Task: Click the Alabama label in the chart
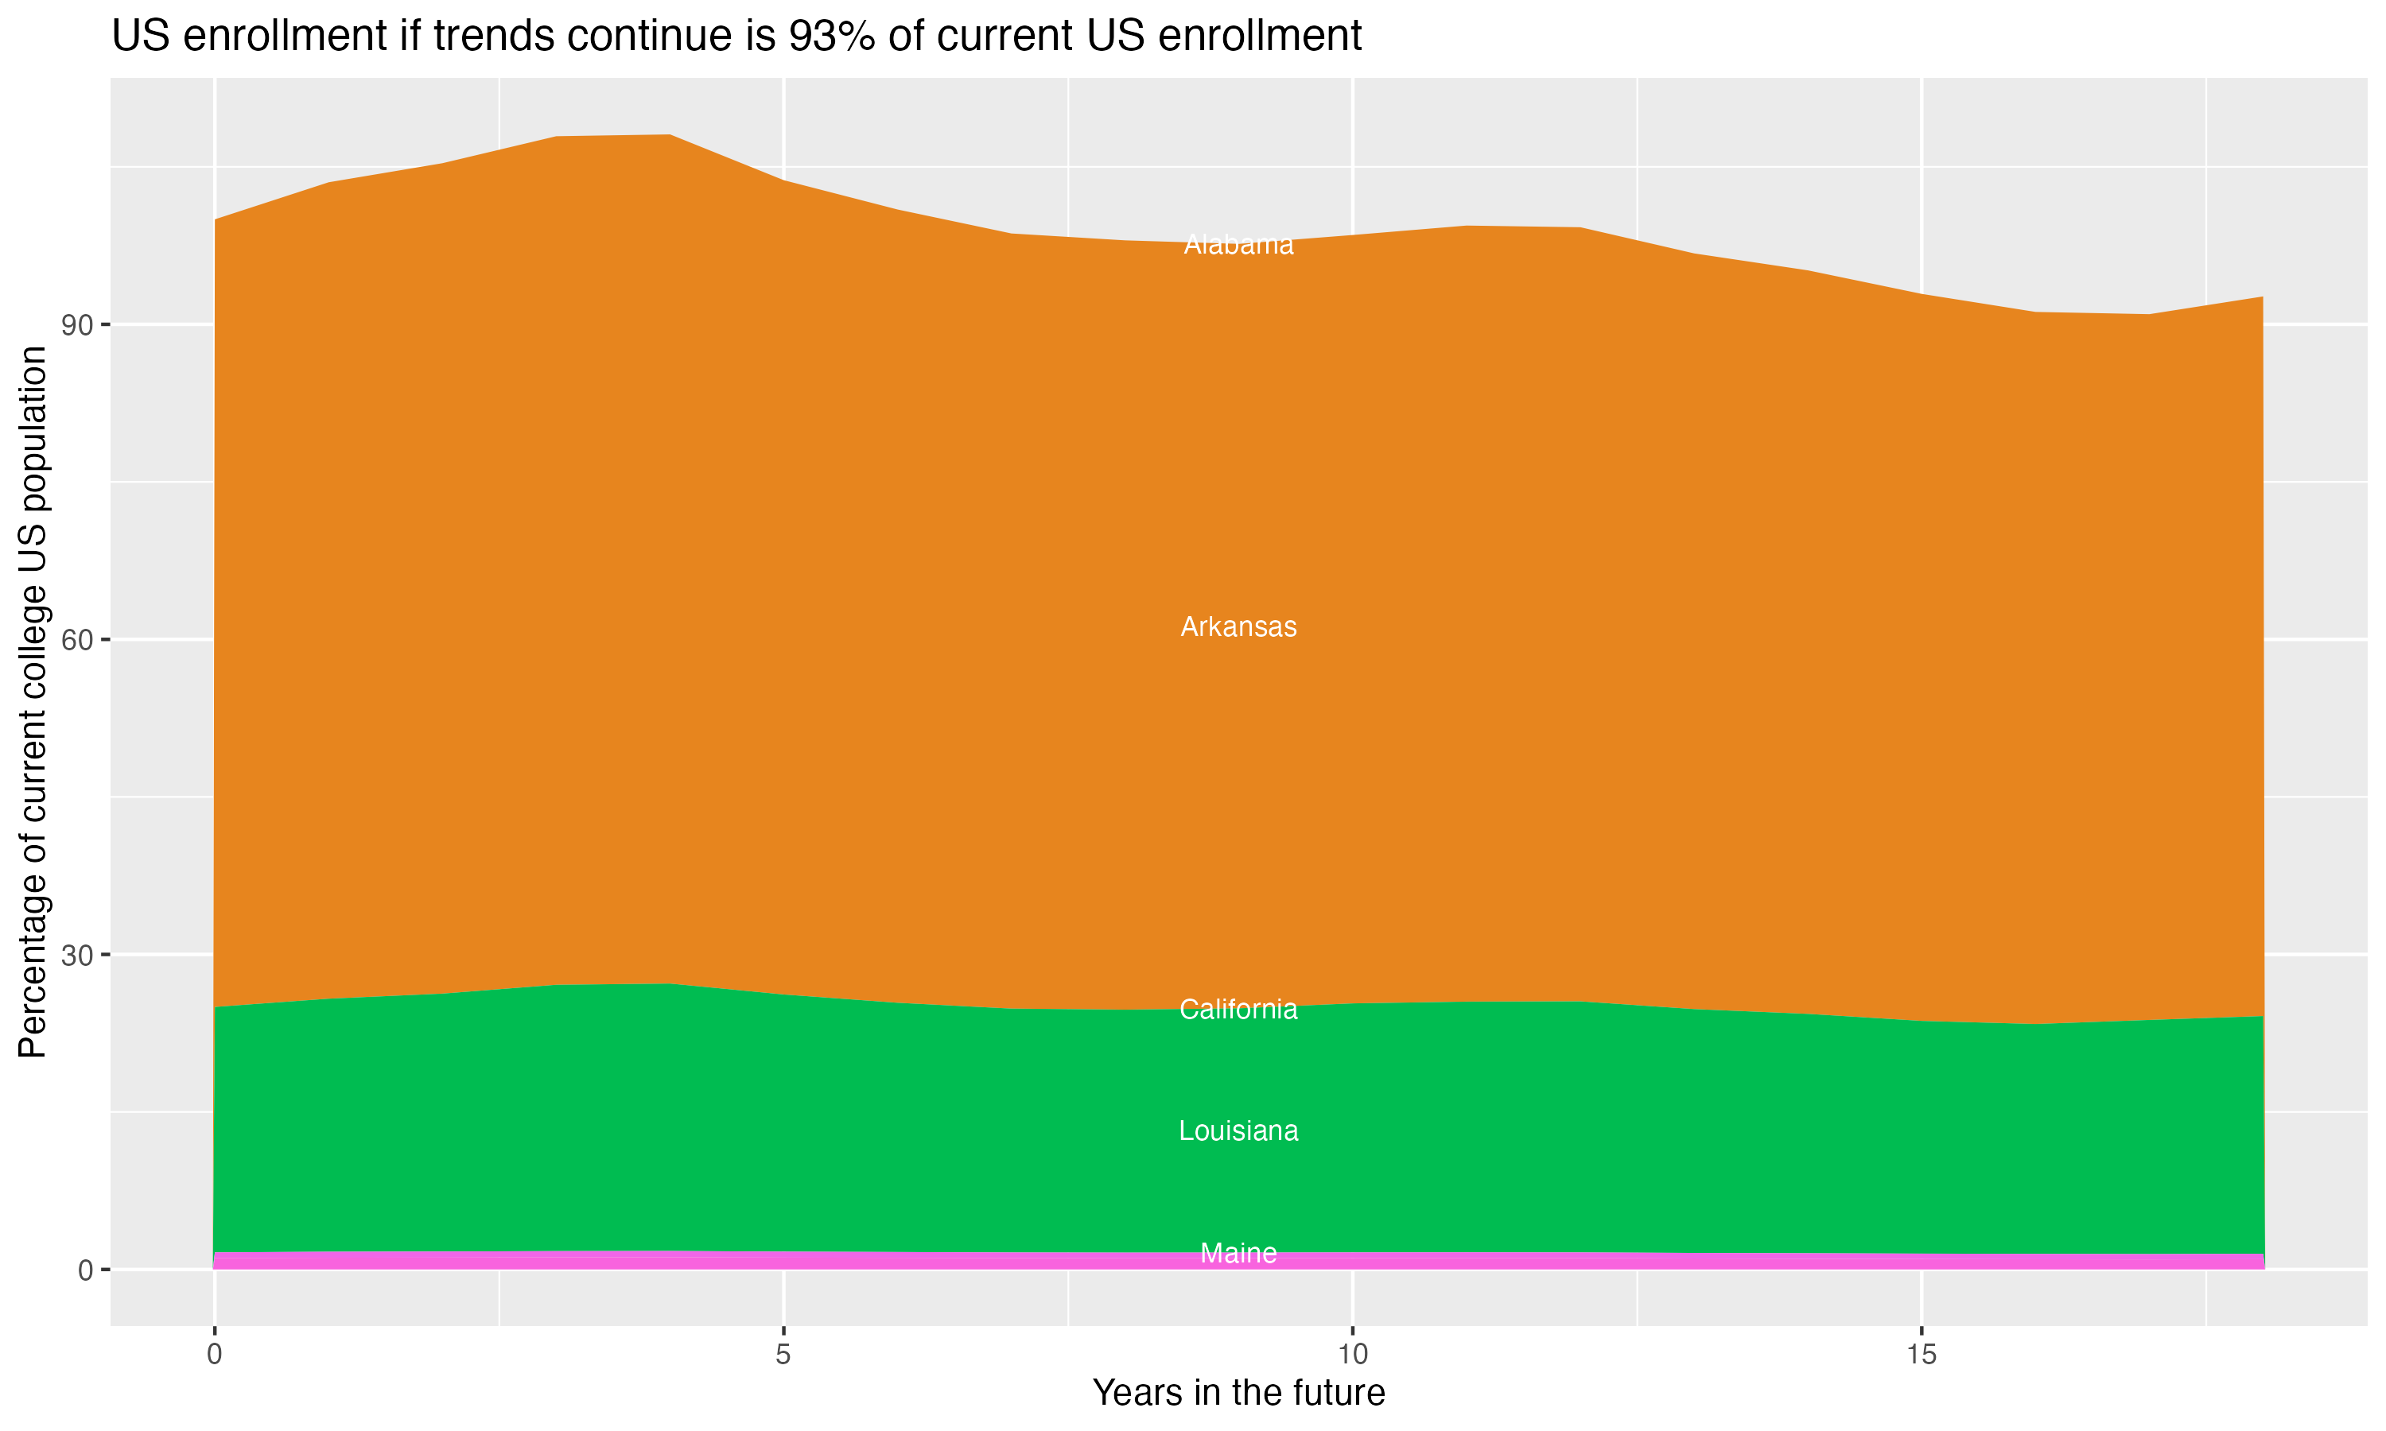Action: point(1238,245)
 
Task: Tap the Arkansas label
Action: point(1238,626)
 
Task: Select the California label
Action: point(1238,1010)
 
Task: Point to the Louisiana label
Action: point(1238,1131)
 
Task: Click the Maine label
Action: point(1238,1254)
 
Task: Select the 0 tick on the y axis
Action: point(85,1271)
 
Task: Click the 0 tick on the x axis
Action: point(214,1355)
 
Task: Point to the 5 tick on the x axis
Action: point(783,1355)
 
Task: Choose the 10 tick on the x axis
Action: point(1353,1355)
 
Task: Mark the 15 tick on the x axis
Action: point(1922,1355)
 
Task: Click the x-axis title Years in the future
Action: point(1238,1394)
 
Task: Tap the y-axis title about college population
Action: point(33,702)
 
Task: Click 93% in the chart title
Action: point(829,37)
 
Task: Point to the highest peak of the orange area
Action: point(670,136)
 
